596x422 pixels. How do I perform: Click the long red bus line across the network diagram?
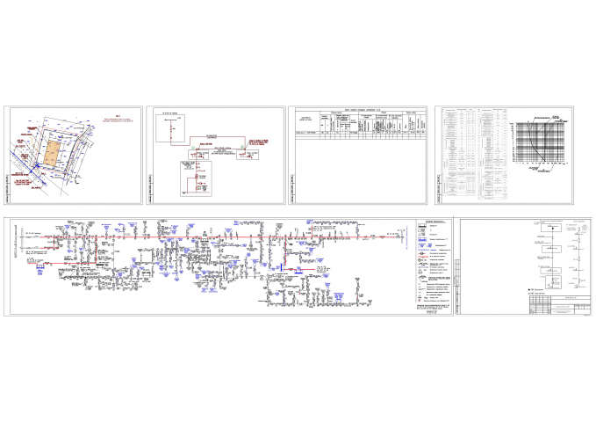219,236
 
